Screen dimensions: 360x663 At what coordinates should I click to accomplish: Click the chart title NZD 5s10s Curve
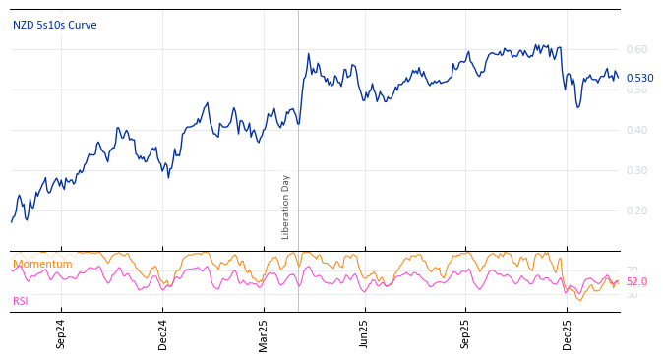[x=55, y=26]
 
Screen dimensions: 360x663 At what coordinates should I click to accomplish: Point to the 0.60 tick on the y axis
[x=636, y=49]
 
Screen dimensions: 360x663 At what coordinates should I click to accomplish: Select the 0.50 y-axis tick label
[x=636, y=90]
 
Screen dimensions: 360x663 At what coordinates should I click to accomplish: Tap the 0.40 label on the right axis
[x=636, y=130]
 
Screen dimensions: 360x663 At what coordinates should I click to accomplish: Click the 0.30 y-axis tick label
[x=636, y=170]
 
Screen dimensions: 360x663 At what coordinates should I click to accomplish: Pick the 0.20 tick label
[x=636, y=210]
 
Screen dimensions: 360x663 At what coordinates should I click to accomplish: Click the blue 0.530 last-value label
[x=639, y=79]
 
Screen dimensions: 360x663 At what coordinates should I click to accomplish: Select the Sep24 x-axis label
[x=61, y=333]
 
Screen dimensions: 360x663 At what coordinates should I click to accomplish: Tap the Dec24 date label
[x=163, y=333]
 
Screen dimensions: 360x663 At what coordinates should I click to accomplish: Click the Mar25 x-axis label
[x=265, y=333]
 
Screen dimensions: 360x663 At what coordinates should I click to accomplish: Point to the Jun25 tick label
[x=365, y=333]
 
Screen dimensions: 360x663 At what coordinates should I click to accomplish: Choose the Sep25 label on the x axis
[x=466, y=333]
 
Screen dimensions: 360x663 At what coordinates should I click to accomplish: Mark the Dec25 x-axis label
[x=568, y=333]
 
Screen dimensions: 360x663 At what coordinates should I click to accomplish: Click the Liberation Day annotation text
[x=286, y=207]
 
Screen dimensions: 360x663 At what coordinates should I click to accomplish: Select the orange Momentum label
[x=42, y=265]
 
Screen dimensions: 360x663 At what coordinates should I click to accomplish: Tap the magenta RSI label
[x=21, y=302]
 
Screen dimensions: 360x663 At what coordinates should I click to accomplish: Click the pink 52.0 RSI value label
[x=636, y=282]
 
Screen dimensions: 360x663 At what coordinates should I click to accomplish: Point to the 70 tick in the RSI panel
[x=632, y=270]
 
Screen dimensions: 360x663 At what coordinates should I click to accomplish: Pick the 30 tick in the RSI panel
[x=632, y=294]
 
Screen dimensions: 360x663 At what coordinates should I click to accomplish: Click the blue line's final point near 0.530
[x=618, y=79]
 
